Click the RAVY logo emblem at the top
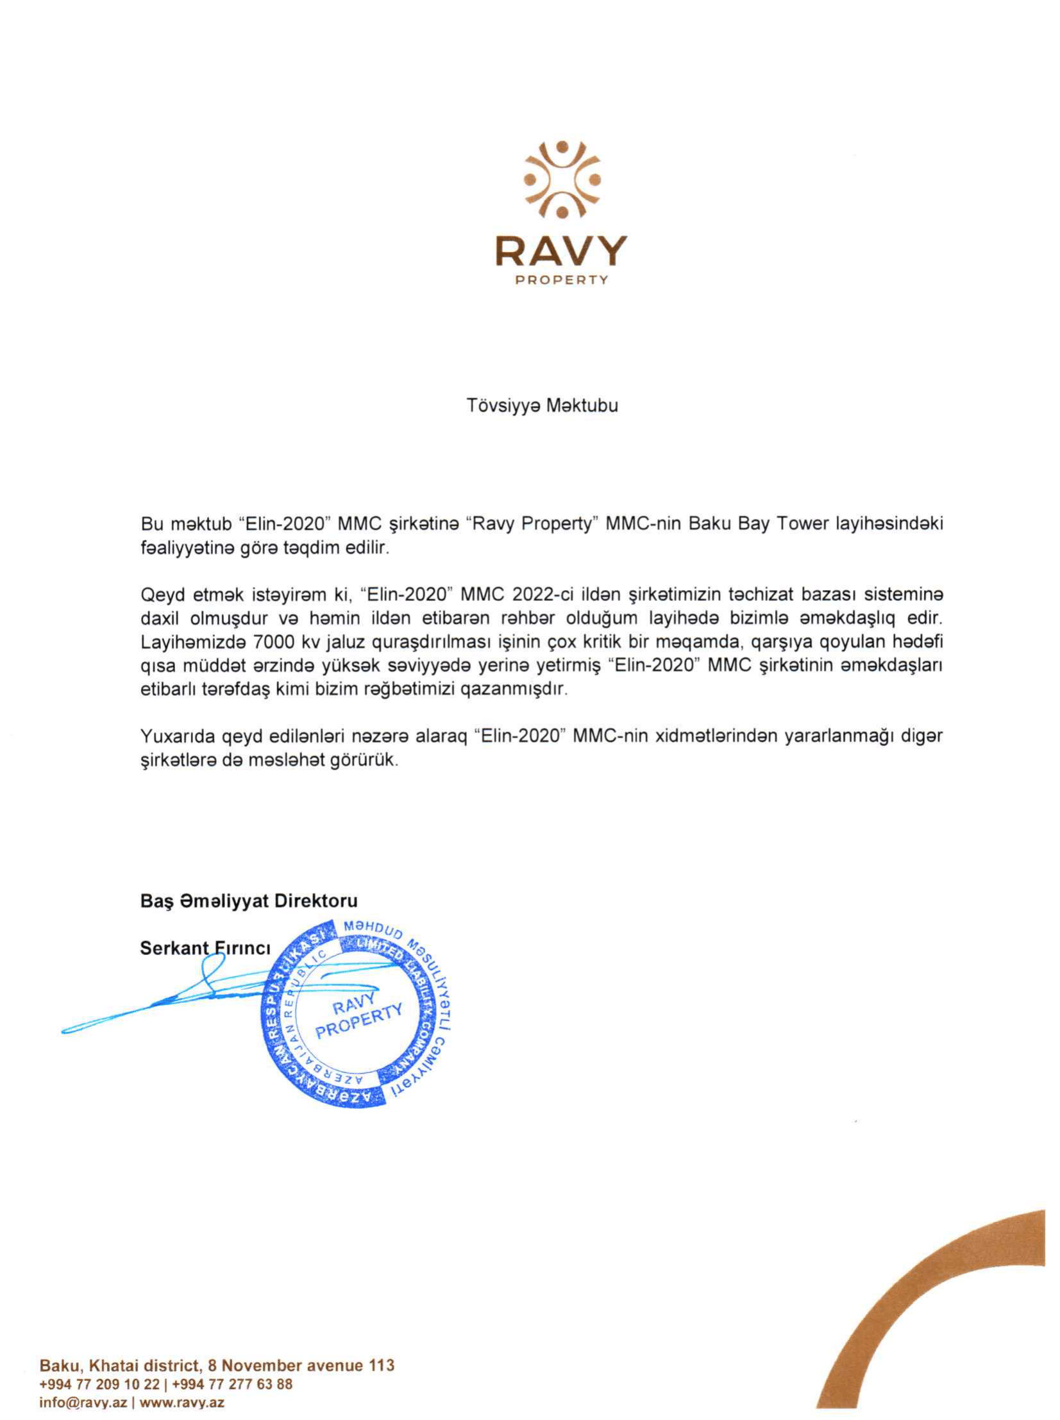562,180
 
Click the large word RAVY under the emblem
561,251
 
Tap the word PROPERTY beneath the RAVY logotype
562,280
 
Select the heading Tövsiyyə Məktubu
543,406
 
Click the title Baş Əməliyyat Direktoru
249,902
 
